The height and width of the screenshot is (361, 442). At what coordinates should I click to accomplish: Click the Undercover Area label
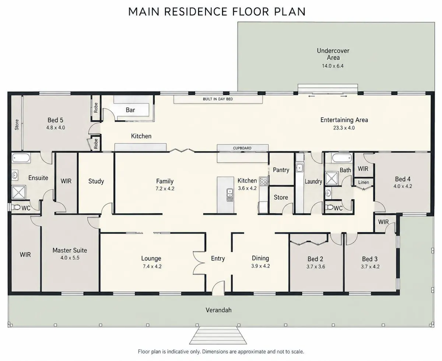(333, 54)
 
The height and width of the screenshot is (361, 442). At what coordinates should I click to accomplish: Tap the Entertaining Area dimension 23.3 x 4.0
(344, 128)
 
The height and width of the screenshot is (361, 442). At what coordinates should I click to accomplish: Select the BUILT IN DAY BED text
(218, 99)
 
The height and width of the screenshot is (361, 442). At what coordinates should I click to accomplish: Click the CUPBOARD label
(242, 148)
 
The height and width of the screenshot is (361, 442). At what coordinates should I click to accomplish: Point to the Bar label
(130, 110)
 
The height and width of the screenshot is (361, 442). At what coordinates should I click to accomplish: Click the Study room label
(96, 181)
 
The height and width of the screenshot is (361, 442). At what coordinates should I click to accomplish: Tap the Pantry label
(281, 170)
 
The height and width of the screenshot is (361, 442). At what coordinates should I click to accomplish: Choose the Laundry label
(313, 182)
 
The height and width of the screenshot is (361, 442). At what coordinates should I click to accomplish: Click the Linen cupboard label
(364, 182)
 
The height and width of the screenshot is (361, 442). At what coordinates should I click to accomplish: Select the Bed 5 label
(55, 120)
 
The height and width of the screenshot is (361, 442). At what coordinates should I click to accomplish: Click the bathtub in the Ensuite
(21, 158)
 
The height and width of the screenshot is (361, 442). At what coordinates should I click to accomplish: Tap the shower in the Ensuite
(19, 192)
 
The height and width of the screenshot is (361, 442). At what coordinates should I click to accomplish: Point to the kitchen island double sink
(230, 195)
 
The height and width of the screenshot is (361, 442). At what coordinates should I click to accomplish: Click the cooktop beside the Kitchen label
(263, 182)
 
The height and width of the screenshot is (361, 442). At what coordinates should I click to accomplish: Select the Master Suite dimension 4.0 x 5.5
(70, 258)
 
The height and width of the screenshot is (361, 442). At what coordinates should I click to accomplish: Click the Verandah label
(218, 310)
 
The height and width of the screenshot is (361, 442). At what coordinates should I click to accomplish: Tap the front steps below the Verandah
(218, 335)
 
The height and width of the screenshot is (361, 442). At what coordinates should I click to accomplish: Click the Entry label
(218, 259)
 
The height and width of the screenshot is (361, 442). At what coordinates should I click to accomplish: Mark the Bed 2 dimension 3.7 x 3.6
(316, 267)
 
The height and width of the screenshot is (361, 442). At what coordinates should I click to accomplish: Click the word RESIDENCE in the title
(196, 11)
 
